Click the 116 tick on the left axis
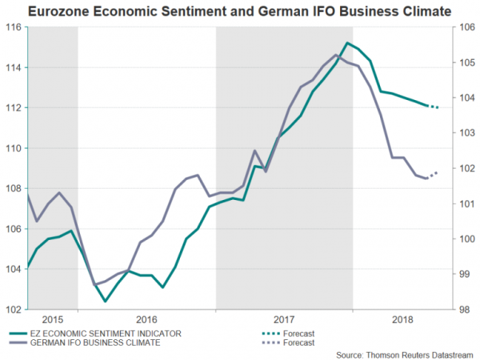(14, 26)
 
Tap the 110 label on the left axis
(14, 148)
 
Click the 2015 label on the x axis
(53, 318)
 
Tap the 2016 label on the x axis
(146, 318)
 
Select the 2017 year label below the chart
(284, 318)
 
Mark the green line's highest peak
(348, 42)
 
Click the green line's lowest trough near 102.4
(106, 302)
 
